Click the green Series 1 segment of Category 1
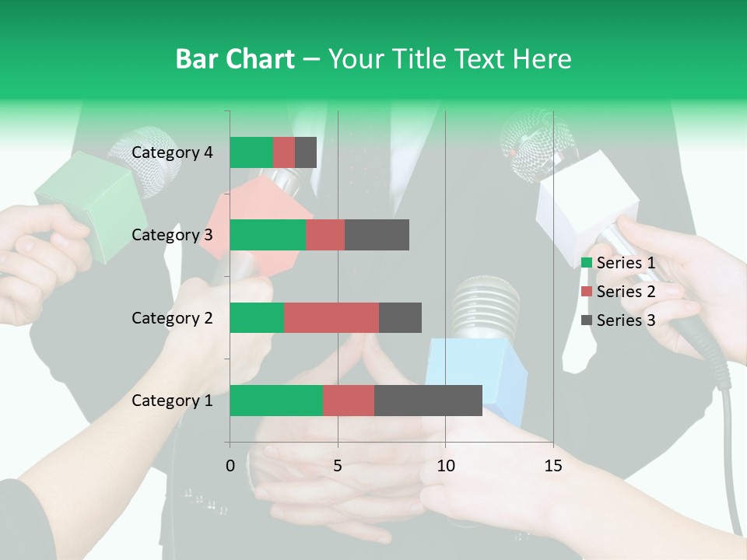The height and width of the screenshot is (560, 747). (x=275, y=401)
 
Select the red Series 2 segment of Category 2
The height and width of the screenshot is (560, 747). (x=331, y=317)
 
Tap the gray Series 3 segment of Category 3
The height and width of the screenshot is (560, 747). (x=377, y=235)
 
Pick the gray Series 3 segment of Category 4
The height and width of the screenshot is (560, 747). (x=306, y=152)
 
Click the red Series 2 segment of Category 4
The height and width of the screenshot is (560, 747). (x=284, y=152)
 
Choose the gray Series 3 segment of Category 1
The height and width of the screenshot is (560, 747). (x=428, y=401)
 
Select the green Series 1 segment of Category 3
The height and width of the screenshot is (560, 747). (x=268, y=235)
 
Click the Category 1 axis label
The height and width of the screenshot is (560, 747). (x=172, y=401)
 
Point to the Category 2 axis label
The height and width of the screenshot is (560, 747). (x=172, y=317)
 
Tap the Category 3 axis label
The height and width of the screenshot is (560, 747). (x=172, y=235)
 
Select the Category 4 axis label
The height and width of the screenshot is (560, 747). (x=172, y=152)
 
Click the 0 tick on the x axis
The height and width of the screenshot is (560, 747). (x=230, y=466)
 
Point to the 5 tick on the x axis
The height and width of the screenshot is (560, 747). (x=338, y=466)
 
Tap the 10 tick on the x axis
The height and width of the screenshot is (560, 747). (x=445, y=466)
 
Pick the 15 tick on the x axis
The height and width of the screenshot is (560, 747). (x=553, y=466)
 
